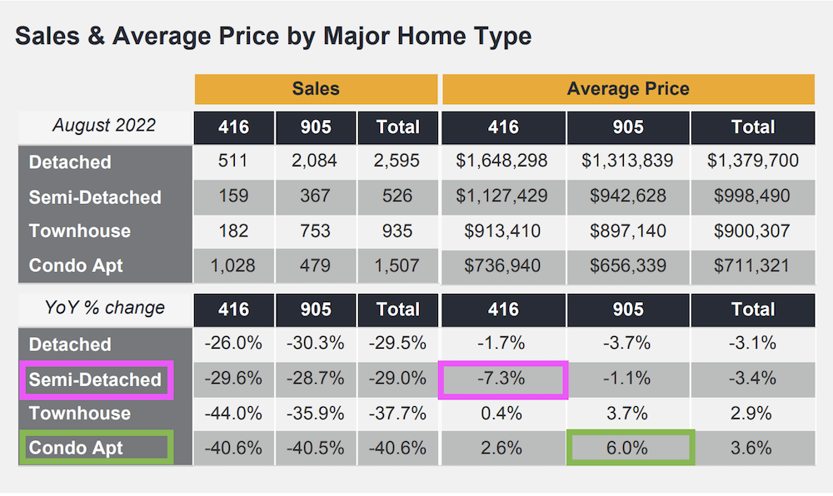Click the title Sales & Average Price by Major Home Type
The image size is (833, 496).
[x=273, y=37]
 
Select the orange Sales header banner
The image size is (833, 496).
[x=316, y=89]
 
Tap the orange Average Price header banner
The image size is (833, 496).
[x=628, y=89]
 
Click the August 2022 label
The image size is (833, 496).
[x=104, y=126]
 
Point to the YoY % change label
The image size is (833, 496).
[x=104, y=308]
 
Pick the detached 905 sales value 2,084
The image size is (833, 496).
[x=316, y=161]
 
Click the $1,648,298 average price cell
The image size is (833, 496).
[x=503, y=161]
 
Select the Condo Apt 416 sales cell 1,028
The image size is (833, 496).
[x=233, y=265]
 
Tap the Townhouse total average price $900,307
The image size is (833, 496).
[x=752, y=231]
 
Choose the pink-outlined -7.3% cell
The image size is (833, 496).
[x=503, y=379]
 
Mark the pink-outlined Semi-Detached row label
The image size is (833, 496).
[x=95, y=379]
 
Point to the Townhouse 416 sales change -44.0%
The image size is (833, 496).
[x=233, y=414]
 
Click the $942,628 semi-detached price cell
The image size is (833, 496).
[x=628, y=196]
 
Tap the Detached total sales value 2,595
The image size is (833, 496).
[x=397, y=161]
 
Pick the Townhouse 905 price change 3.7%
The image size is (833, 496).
[x=628, y=414]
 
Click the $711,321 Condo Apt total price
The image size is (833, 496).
[x=752, y=265]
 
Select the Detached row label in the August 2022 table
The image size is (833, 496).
[x=70, y=161]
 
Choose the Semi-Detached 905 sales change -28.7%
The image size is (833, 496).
[x=316, y=379]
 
